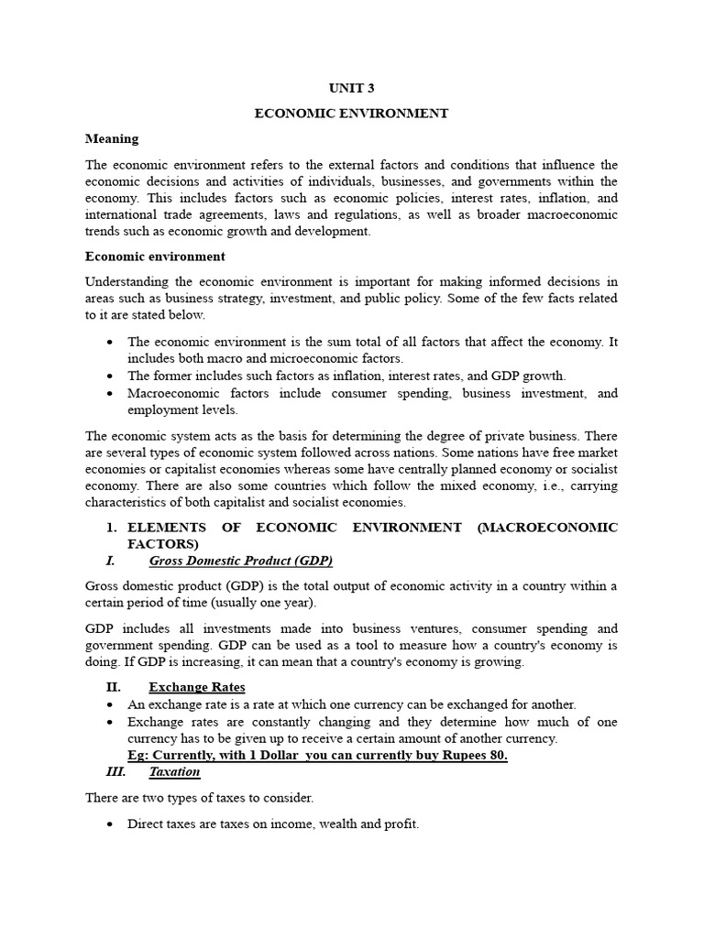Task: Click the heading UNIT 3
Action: pyautogui.click(x=351, y=88)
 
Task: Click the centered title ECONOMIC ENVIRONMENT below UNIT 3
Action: pyautogui.click(x=351, y=114)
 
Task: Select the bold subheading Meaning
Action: pyautogui.click(x=112, y=139)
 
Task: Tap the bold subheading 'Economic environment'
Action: pyautogui.click(x=155, y=256)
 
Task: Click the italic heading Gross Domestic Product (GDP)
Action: pyautogui.click(x=240, y=560)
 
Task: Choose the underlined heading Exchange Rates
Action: pyautogui.click(x=196, y=687)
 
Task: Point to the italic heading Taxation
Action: pyautogui.click(x=174, y=772)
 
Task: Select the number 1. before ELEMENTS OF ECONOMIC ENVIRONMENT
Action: pyautogui.click(x=112, y=528)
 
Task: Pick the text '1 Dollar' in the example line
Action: pyautogui.click(x=265, y=756)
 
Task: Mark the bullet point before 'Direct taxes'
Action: pyautogui.click(x=110, y=824)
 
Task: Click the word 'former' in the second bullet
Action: pyautogui.click(x=174, y=376)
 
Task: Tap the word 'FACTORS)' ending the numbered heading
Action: pyautogui.click(x=162, y=543)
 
